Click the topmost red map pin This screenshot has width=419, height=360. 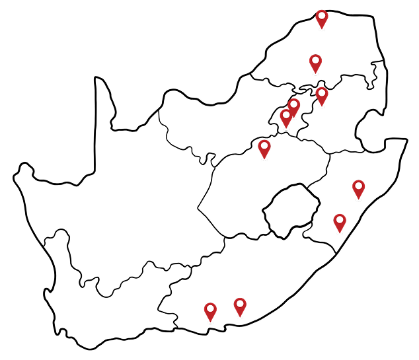[322, 18]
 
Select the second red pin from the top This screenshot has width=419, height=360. [315, 62]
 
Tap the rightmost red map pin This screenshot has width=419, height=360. [358, 188]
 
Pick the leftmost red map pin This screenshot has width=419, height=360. [210, 310]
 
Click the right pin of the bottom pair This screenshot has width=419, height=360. [240, 306]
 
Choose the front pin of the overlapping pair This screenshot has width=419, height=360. [286, 118]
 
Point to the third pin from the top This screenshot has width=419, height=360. [322, 95]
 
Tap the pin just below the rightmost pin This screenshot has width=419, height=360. [340, 222]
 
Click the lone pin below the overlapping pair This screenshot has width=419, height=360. [264, 148]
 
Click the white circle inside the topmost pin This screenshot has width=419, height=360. [322, 15]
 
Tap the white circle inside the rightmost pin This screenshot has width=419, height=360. [358, 186]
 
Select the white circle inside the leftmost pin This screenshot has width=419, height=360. [210, 308]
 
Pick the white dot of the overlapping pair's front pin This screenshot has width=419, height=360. [286, 115]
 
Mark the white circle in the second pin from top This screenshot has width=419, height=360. [315, 59]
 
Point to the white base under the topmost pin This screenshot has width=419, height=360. [322, 30]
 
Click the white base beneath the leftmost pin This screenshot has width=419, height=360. [210, 322]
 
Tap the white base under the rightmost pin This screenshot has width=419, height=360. [358, 199]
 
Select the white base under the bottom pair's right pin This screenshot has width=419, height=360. [240, 318]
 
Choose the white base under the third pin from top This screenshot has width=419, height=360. [322, 106]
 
